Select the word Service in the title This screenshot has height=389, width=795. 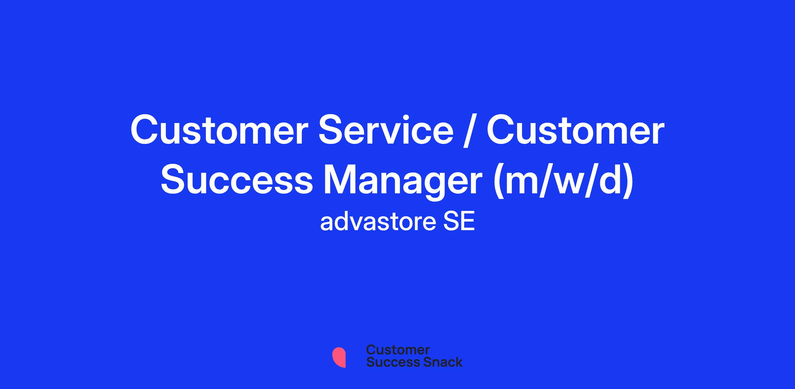point(386,130)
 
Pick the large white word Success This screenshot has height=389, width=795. point(237,181)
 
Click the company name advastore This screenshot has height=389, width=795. point(378,222)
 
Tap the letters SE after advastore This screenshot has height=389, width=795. point(459,222)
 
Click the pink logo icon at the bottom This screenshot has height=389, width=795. point(339,357)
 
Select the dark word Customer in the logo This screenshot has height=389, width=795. point(398,350)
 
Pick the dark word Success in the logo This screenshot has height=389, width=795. point(389,362)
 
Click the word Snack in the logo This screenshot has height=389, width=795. point(438,362)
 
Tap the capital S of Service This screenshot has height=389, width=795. point(332,130)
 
